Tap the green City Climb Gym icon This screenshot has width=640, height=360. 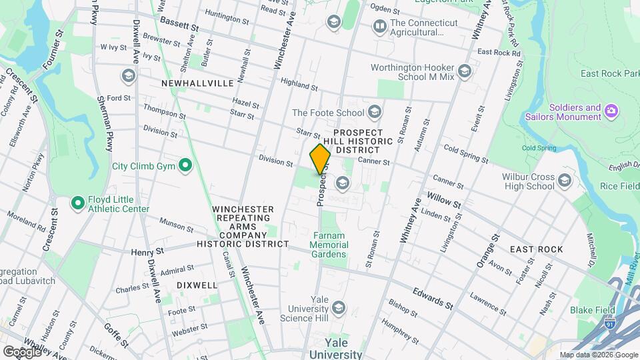point(186,165)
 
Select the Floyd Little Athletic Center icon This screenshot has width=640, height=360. point(78,201)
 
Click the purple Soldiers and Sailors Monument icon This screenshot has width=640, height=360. point(611,109)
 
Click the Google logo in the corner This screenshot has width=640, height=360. point(21,351)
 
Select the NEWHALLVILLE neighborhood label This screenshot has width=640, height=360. point(197,83)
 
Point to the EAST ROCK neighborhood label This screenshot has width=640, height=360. point(536,249)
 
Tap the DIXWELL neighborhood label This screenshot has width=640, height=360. point(197,285)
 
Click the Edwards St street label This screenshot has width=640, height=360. point(433,298)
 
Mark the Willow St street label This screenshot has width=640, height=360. point(444,200)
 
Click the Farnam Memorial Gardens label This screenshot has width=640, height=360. point(328,244)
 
